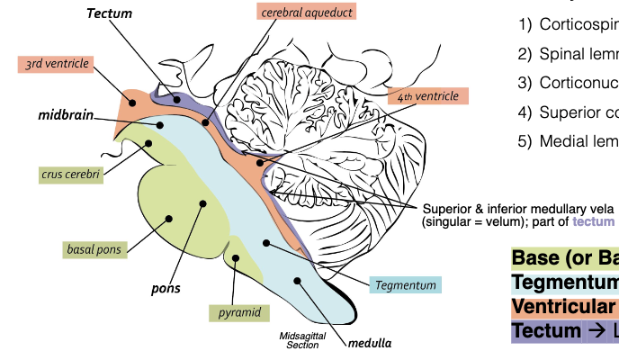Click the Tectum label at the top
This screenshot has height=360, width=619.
[110, 13]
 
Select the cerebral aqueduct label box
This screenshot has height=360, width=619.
[306, 12]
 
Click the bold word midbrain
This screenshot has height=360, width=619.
[65, 116]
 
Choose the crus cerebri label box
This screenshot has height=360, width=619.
[69, 173]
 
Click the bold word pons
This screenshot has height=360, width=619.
[165, 289]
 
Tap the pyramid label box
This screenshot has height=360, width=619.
[239, 312]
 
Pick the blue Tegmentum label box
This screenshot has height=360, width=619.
[405, 284]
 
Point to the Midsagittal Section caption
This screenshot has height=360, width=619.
[299, 340]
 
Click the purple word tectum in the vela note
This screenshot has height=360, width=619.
[595, 221]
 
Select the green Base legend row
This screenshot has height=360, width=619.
[565, 258]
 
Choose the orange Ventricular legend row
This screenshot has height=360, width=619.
[565, 307]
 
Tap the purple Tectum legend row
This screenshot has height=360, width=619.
[565, 330]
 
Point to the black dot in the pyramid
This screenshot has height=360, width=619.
[237, 258]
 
